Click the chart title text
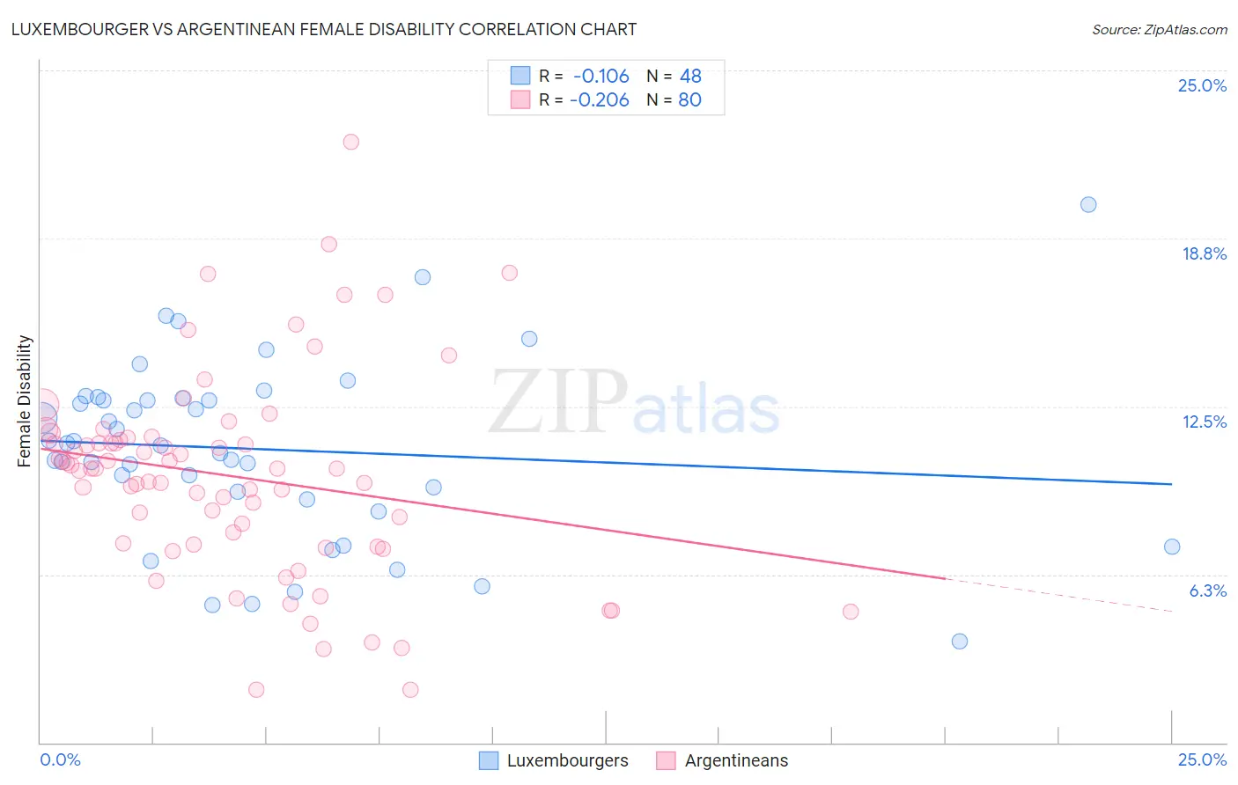tap(323, 29)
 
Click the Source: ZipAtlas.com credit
tap(1159, 29)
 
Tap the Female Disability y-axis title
tap(25, 400)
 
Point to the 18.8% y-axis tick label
tap(1204, 253)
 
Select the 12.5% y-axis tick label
tap(1204, 422)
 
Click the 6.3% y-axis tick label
tap(1207, 591)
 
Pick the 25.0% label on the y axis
tap(1202, 85)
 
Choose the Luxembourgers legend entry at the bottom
tap(554, 760)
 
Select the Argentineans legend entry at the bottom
tap(723, 760)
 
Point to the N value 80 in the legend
tap(689, 100)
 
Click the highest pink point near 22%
tap(350, 142)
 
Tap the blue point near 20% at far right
tap(1088, 204)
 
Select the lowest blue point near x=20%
tap(960, 641)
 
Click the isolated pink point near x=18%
tap(851, 612)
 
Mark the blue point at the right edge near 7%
tap(1172, 547)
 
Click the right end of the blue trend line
tap(1171, 484)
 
